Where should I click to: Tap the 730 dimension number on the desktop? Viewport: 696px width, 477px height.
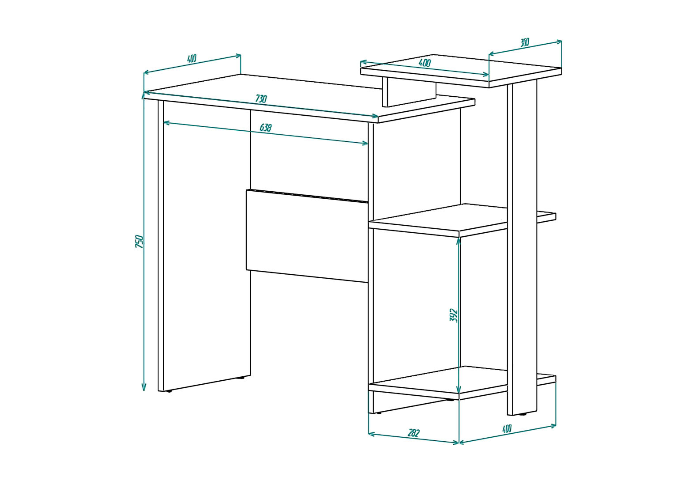(261, 98)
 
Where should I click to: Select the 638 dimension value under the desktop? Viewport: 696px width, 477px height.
(266, 128)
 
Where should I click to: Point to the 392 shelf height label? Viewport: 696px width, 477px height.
(454, 316)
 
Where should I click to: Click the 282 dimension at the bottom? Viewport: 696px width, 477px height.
(414, 433)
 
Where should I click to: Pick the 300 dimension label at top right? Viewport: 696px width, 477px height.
(524, 42)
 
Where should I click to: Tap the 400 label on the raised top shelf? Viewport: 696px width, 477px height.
(425, 63)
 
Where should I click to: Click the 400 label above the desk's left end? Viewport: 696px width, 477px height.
(192, 58)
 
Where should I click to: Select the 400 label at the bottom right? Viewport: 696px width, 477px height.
(507, 428)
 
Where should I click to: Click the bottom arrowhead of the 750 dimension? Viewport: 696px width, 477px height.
(143, 388)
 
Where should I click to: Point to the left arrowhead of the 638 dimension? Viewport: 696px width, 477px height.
(166, 123)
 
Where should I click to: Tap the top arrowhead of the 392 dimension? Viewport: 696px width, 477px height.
(459, 241)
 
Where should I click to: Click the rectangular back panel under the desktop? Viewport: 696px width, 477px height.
(307, 236)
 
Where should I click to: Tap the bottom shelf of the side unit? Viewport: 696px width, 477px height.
(460, 383)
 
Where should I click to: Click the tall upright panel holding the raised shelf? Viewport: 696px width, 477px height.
(522, 247)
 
